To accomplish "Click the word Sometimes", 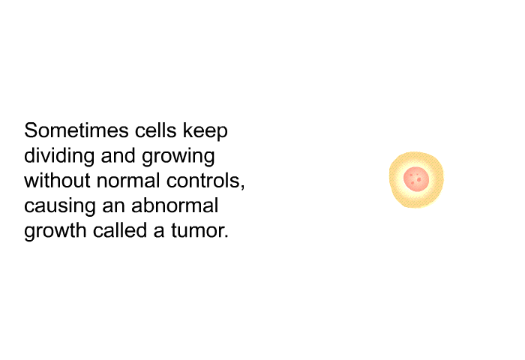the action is (76, 130).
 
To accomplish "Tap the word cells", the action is (156, 130).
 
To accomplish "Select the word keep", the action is (205, 131).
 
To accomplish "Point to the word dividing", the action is (59, 157).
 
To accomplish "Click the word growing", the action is (178, 157).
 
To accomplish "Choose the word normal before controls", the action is (128, 181).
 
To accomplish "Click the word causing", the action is (60, 206).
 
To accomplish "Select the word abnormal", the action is (175, 205).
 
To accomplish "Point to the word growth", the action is (55, 231).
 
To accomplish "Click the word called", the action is (120, 230).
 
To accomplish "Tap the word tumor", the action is (197, 230).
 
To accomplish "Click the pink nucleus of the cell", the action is (416, 179).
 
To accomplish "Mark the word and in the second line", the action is (118, 156).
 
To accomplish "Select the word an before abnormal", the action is (114, 206).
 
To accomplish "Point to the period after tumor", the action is (226, 237).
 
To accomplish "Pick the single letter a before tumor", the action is (159, 231).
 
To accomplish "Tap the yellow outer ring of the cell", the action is (395, 179).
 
